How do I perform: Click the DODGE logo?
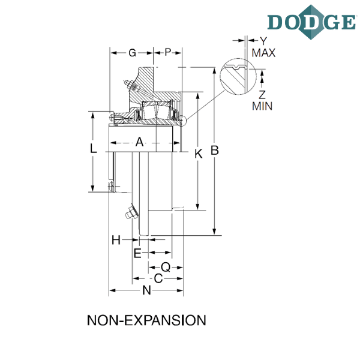[x=311, y=22]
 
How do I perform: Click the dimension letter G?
[x=132, y=53]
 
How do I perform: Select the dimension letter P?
[x=168, y=52]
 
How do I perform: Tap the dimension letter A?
[x=139, y=142]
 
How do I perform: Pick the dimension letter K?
[x=199, y=154]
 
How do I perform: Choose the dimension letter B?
[x=215, y=151]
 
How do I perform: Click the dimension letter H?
[x=116, y=240]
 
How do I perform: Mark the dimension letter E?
[x=137, y=253]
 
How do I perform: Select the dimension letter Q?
[x=166, y=267]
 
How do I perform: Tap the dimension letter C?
[x=158, y=278]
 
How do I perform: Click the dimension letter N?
[x=147, y=290]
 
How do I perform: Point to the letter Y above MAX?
[x=263, y=41]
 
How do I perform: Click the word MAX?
[x=263, y=53]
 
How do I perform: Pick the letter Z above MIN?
[x=262, y=95]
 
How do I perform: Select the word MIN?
[x=262, y=106]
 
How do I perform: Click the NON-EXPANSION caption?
[x=146, y=320]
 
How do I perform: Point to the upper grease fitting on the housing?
[x=131, y=85]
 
